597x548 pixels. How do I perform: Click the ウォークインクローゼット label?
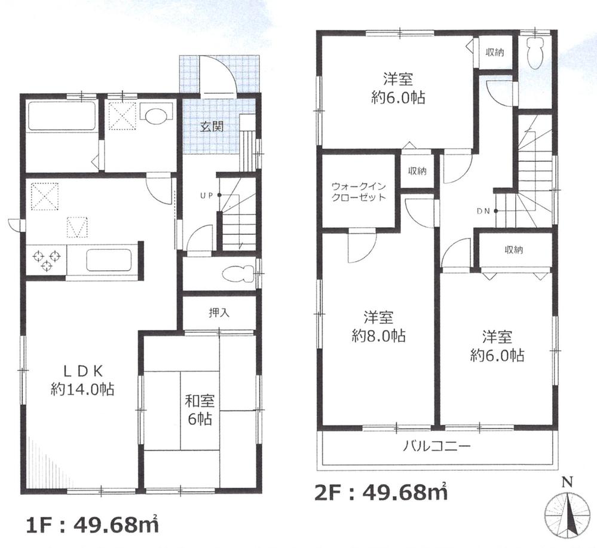click(359, 191)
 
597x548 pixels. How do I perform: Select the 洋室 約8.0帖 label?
click(378, 326)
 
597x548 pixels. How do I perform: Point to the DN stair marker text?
click(484, 210)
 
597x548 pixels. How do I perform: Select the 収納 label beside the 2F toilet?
click(494, 53)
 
